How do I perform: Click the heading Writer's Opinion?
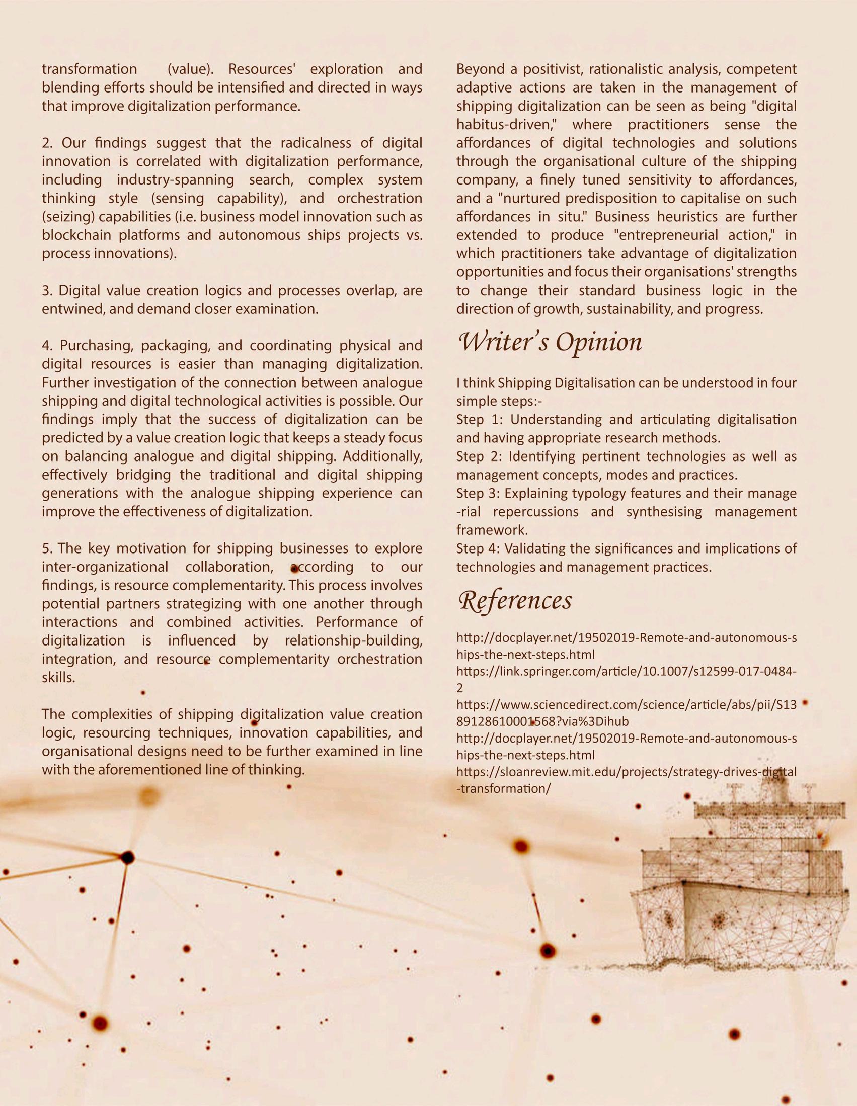pos(550,343)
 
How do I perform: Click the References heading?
pos(515,601)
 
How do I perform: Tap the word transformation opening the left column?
pos(89,69)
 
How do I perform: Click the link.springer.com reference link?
pos(626,673)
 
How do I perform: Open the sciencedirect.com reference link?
pos(626,705)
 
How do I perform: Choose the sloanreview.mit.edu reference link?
pos(626,772)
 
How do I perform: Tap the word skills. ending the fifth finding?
pos(58,678)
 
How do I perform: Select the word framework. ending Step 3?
pos(492,530)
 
